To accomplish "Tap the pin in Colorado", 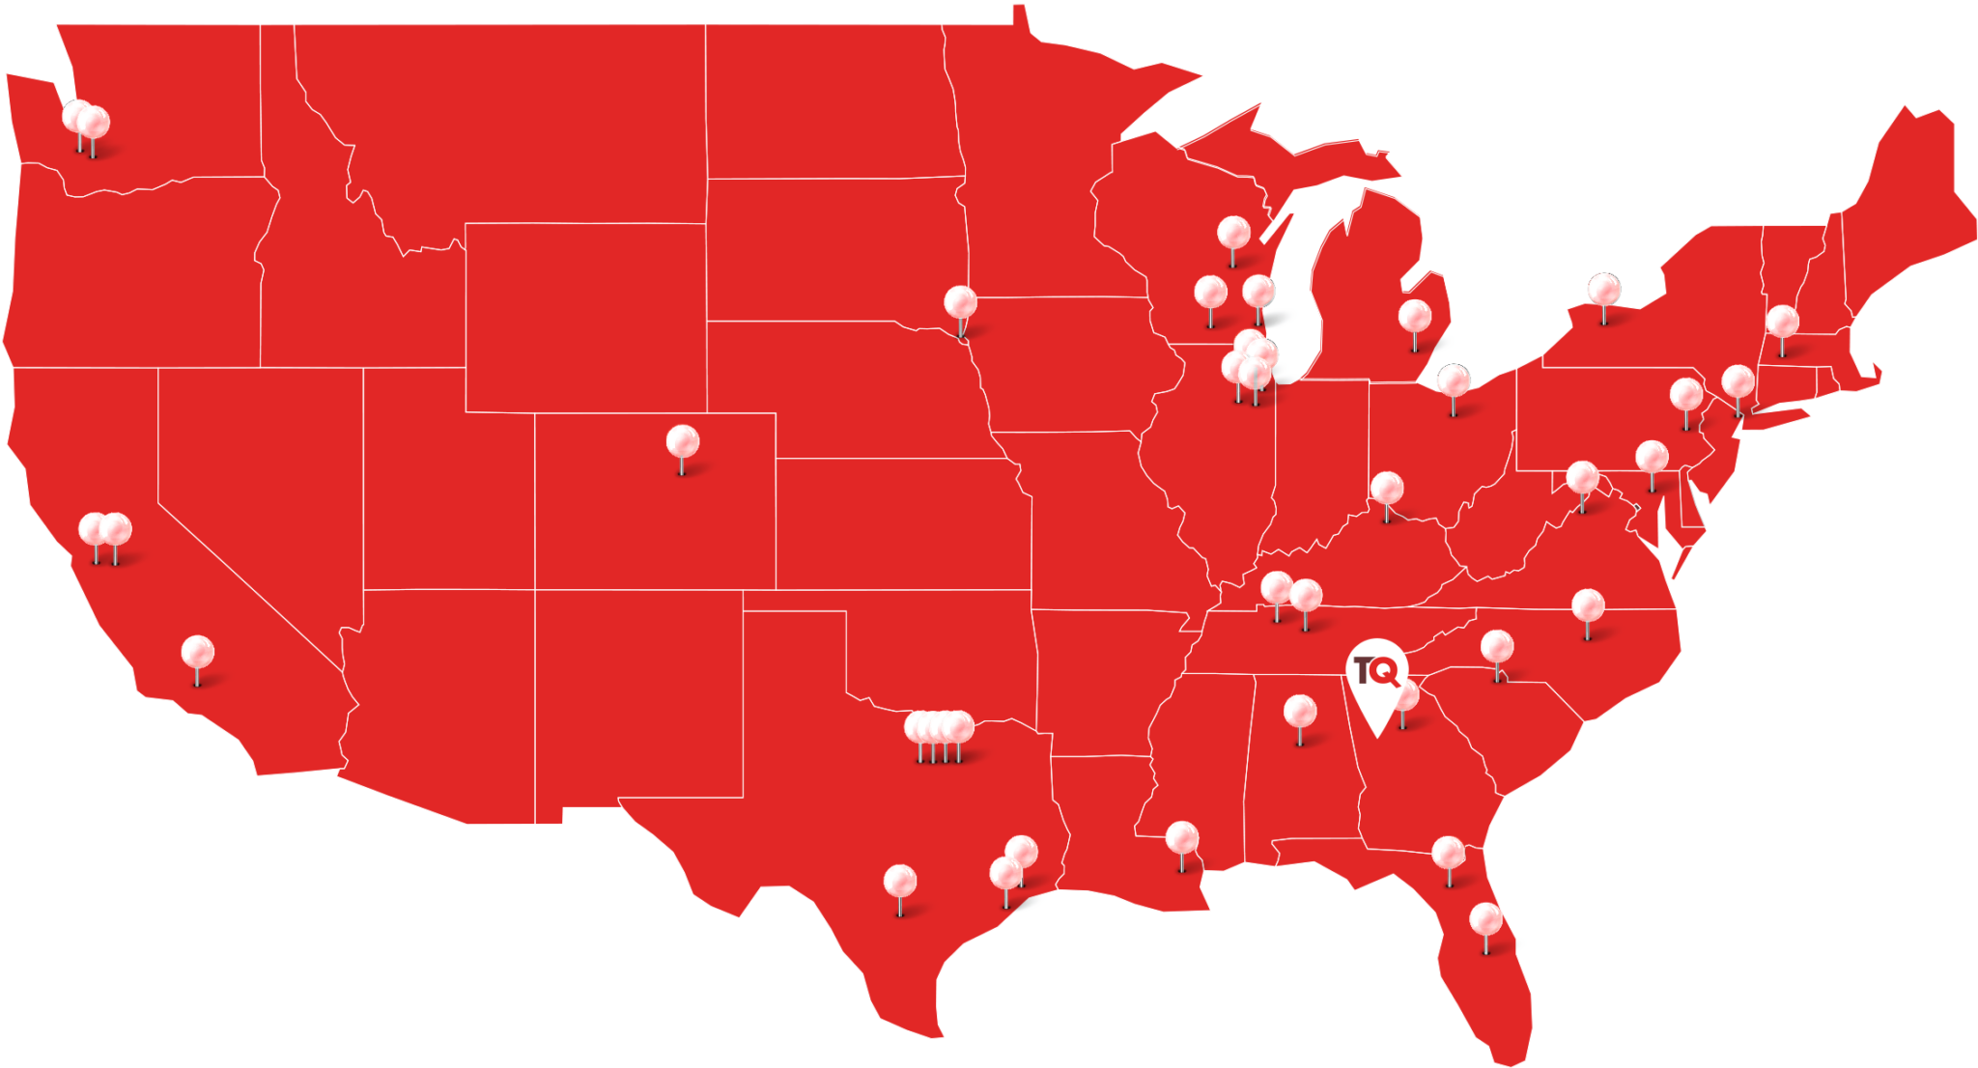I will click(683, 442).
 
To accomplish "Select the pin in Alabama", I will click(1300, 713).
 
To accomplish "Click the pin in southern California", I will click(198, 652).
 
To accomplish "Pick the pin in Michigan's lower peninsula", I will click(1415, 316).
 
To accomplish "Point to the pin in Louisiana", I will click(1182, 837).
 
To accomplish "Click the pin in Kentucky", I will click(1387, 488).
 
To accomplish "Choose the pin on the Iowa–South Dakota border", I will click(960, 302).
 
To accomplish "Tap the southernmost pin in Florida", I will click(1485, 918).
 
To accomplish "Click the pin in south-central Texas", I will click(899, 880).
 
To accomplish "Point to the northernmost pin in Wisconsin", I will click(1233, 233).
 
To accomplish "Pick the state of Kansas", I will click(898, 521).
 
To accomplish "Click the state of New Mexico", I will click(637, 695).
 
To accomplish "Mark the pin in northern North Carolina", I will click(1588, 605).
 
